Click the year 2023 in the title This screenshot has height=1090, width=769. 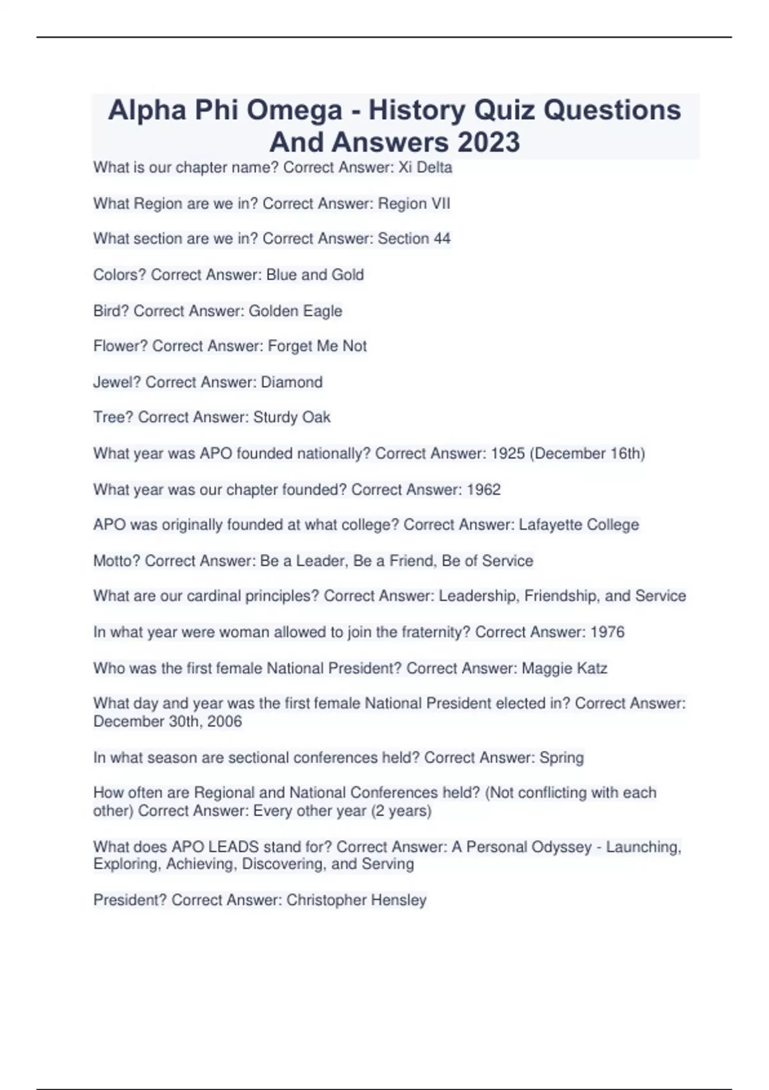pos(488,142)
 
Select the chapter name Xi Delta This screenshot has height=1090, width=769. pos(426,168)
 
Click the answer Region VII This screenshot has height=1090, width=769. pos(414,204)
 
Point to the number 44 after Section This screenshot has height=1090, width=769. pos(442,239)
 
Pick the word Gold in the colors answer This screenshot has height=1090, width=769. pos(347,275)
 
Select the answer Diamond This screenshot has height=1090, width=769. pos(292,382)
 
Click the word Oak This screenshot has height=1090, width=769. pos(317,417)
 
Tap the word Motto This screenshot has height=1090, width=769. pos(116,561)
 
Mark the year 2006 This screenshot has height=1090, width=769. pos(224,722)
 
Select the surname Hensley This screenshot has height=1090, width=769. pos(399,900)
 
